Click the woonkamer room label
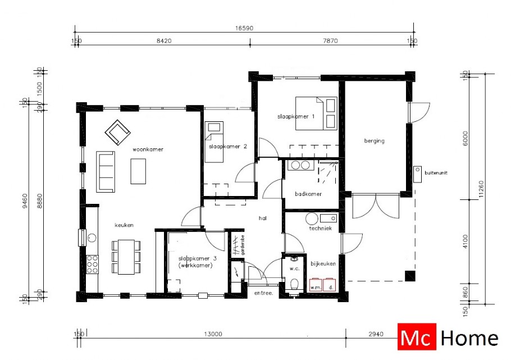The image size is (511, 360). click(148, 150)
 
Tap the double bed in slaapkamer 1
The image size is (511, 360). click(316, 113)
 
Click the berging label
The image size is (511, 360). click(374, 141)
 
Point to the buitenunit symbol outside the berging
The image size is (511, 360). click(418, 174)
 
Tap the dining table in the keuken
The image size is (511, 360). click(126, 256)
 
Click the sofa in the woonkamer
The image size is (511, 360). click(105, 171)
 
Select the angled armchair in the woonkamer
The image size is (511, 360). click(117, 133)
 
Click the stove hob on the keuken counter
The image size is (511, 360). click(92, 264)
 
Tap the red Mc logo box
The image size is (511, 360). click(417, 338)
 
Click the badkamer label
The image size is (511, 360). click(308, 194)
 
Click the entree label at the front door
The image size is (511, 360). click(263, 293)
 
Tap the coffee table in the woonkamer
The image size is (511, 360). click(138, 171)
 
